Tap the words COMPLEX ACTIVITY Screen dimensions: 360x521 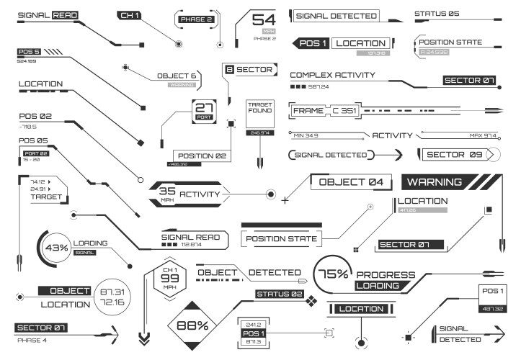[332, 75]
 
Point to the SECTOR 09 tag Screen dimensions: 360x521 [455, 154]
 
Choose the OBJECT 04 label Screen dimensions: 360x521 [351, 181]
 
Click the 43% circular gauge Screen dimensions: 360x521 [56, 248]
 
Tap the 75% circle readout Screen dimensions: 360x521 [334, 274]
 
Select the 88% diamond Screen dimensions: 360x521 [192, 325]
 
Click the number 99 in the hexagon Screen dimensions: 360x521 [169, 278]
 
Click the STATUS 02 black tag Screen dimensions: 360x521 [280, 294]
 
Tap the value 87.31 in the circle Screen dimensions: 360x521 [112, 292]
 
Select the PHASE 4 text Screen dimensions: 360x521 [32, 340]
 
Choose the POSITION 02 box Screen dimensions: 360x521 [202, 156]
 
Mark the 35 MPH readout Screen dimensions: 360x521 [167, 194]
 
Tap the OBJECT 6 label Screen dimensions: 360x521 [177, 75]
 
